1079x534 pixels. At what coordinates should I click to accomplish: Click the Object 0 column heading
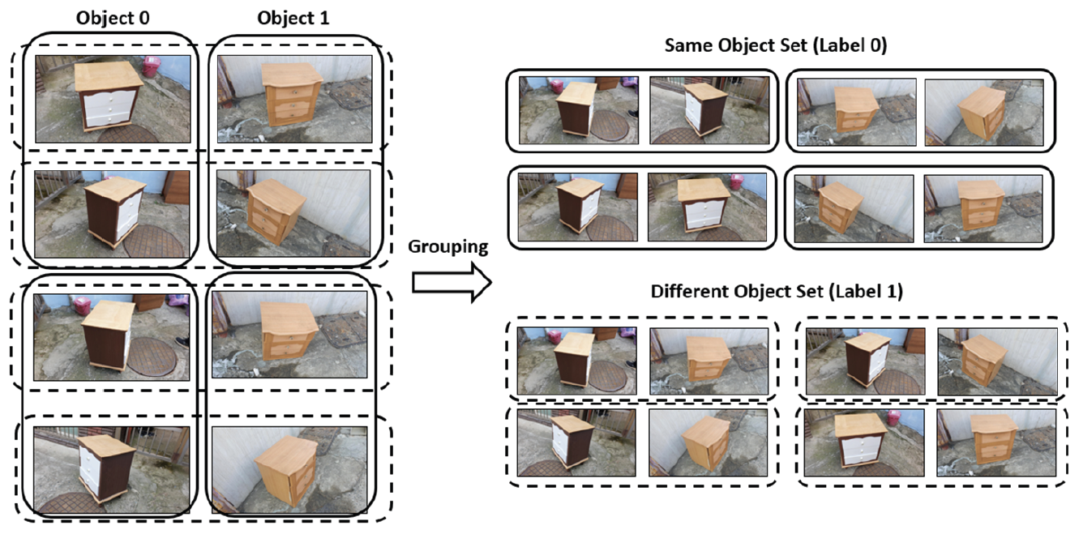point(113,18)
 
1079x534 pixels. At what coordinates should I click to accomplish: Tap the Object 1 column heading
point(293,18)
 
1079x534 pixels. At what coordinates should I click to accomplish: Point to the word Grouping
point(448,247)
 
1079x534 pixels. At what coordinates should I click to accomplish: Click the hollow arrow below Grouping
point(452,283)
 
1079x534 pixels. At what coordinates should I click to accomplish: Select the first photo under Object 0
point(113,99)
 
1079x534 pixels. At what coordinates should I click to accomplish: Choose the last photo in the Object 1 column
point(289,470)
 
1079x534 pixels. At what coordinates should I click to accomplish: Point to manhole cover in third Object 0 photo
point(152,357)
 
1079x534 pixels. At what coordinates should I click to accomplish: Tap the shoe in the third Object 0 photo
point(182,342)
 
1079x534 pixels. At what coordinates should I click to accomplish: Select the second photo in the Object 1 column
point(293,213)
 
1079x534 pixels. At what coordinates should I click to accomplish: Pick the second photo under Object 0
point(112,214)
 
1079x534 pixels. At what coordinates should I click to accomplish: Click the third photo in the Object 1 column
point(289,335)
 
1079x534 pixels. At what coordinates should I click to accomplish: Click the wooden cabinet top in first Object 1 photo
point(291,74)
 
